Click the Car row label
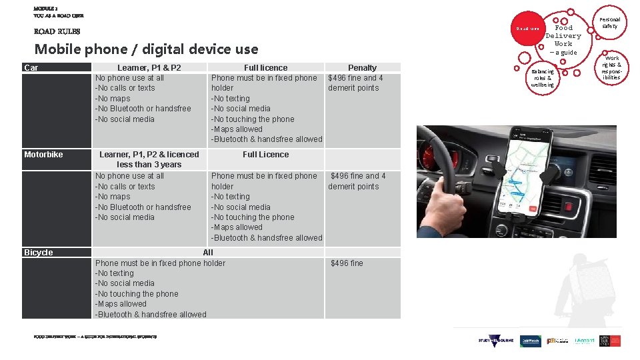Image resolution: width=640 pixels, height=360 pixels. (x=31, y=67)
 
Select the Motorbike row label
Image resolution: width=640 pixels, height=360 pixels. (x=43, y=155)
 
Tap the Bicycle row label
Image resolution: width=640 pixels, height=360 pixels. (x=38, y=253)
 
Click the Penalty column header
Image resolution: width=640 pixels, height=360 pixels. (x=362, y=67)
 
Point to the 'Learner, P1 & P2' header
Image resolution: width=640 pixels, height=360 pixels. (x=149, y=67)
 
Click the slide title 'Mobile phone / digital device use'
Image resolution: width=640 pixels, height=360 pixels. (x=146, y=49)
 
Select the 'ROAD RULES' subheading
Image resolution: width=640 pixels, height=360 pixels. (x=57, y=31)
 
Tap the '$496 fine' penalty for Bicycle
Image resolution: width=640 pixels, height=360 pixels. (x=347, y=263)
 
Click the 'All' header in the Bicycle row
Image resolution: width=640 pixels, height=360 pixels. (x=208, y=253)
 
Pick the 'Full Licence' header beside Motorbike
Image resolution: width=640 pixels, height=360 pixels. (x=265, y=155)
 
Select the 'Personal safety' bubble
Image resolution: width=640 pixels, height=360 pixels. (x=609, y=23)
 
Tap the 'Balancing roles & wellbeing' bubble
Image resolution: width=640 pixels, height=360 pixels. (x=542, y=78)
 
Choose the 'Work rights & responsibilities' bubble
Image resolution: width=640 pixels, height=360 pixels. (x=611, y=68)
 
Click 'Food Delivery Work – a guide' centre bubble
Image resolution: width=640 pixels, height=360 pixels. (x=563, y=39)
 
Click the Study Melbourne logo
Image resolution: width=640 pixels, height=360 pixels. (x=496, y=341)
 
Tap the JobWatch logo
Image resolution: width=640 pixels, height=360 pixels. (x=531, y=341)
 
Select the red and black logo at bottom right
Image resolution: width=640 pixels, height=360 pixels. (x=609, y=340)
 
